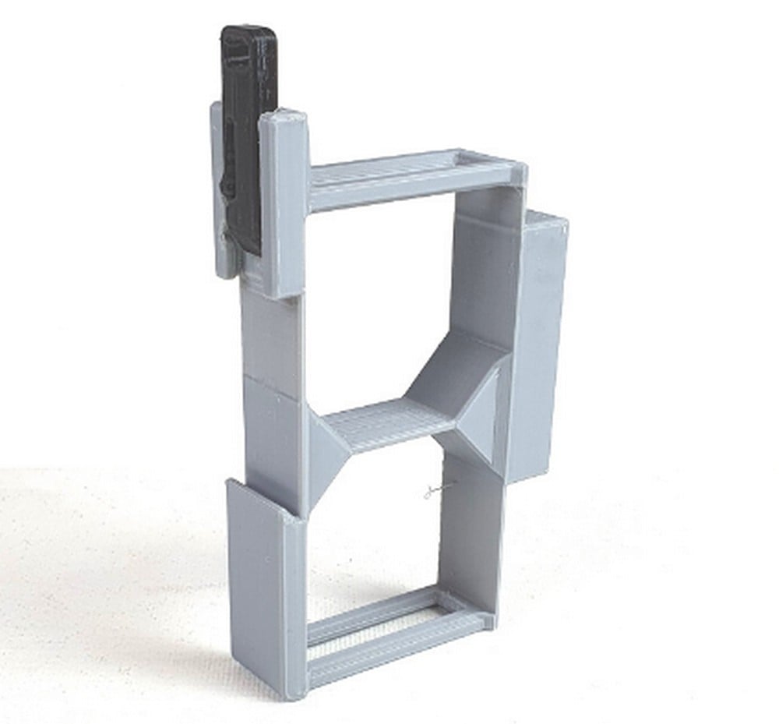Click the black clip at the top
pos(248,132)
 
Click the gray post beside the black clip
pos(284,203)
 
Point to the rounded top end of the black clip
pos(249,35)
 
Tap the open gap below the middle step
pos(374,530)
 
